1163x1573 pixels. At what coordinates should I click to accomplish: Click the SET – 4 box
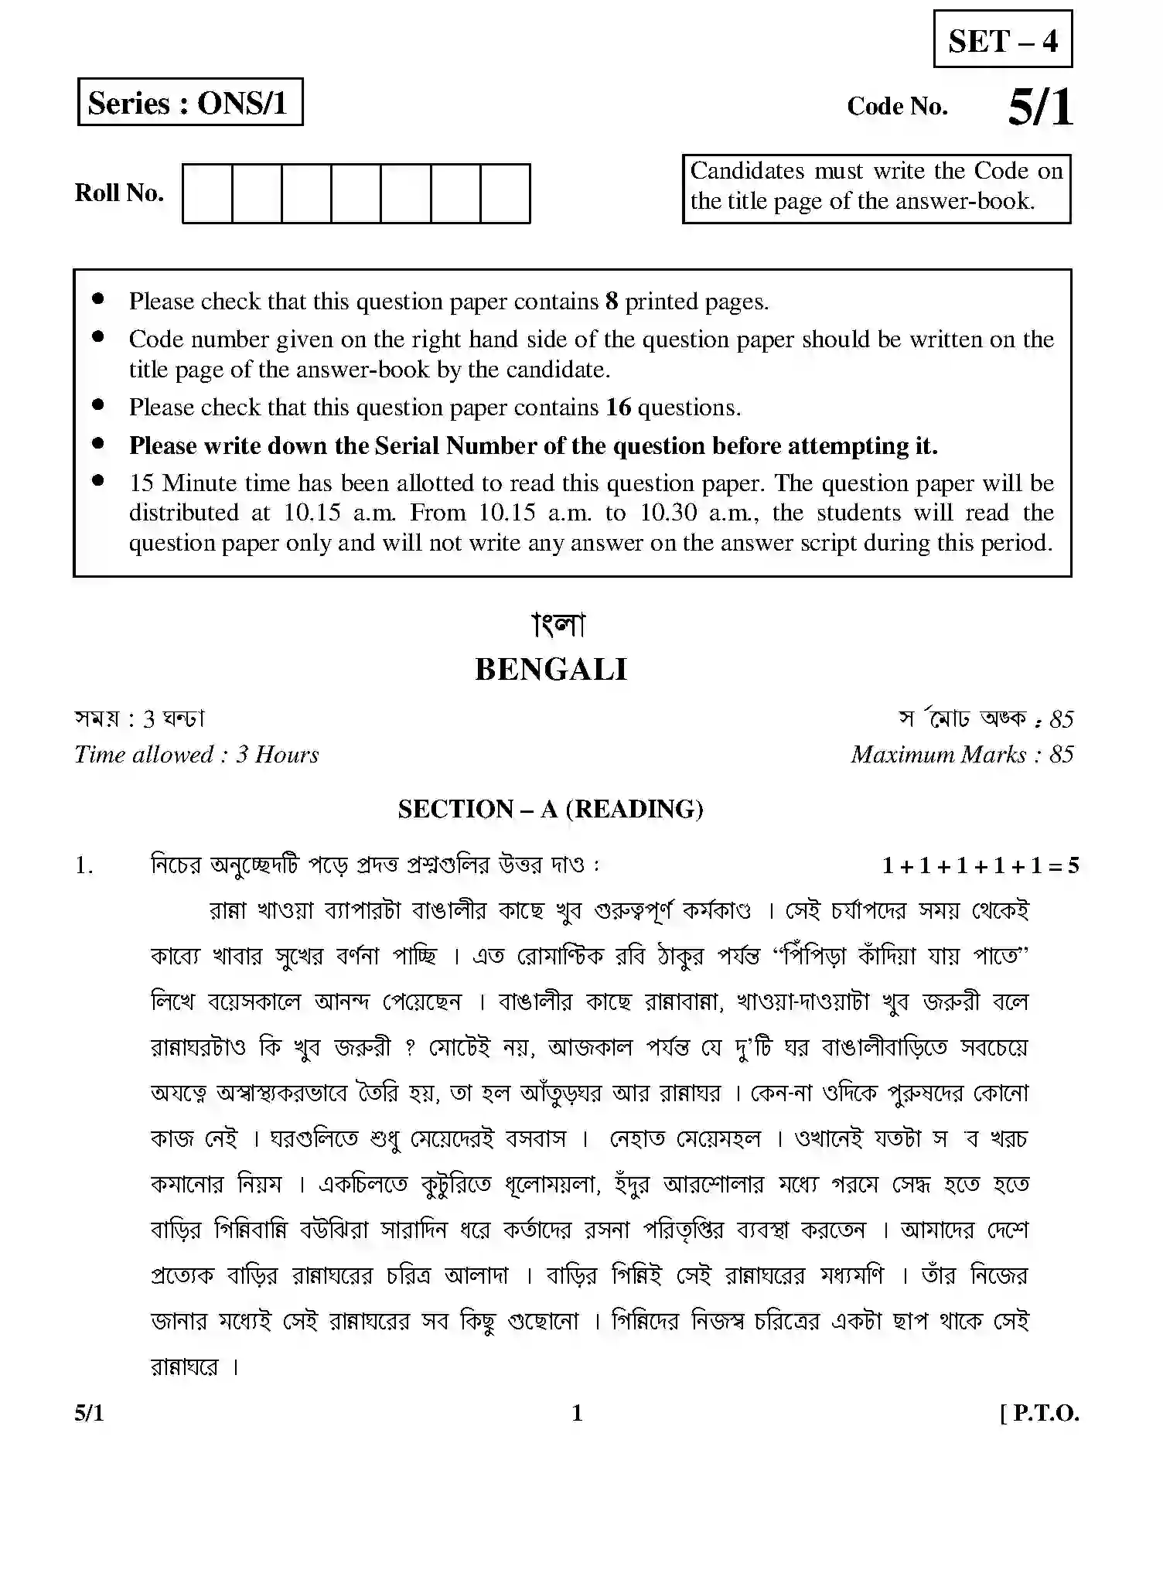coord(1002,39)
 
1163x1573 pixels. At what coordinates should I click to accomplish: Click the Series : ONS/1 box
coord(189,102)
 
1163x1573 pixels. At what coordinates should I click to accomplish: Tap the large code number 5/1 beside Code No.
coord(1040,107)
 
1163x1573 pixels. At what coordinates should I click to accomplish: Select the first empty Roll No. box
coord(207,193)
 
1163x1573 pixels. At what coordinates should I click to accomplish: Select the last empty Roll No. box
coord(505,193)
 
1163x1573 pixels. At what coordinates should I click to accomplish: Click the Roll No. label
coord(119,193)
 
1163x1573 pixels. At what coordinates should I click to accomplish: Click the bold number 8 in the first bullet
coord(611,302)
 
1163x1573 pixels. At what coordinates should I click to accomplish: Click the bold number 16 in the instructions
coord(618,408)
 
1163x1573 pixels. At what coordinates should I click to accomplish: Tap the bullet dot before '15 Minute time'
coord(97,480)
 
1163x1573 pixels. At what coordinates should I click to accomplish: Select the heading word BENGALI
coord(551,670)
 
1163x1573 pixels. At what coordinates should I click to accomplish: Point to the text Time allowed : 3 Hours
coord(196,755)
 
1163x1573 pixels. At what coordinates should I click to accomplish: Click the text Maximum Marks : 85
coord(961,755)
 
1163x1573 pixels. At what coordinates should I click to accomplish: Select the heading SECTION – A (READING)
coord(551,809)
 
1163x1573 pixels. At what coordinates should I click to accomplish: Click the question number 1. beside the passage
coord(84,865)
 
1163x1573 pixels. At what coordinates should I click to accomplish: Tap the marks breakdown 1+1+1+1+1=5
coord(980,865)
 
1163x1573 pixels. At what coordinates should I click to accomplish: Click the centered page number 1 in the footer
coord(577,1414)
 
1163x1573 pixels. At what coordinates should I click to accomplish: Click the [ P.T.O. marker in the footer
coord(1039,1414)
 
